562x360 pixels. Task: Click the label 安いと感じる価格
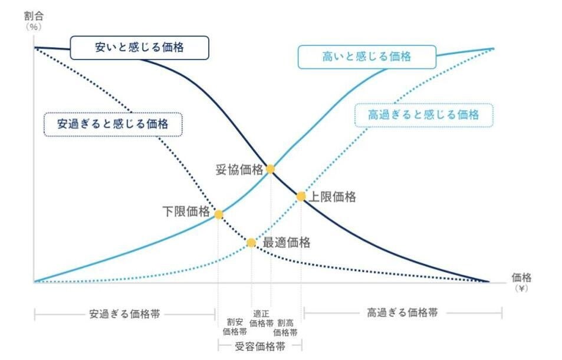pos(139,48)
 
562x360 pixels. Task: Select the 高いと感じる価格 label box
pos(366,57)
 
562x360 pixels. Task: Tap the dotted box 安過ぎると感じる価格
pos(113,124)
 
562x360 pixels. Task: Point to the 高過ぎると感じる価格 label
pos(423,115)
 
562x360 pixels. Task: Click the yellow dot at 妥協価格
pos(270,169)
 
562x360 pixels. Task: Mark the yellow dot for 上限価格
pos(301,196)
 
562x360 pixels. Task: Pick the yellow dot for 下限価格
pos(218,214)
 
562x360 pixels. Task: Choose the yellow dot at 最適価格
pos(251,242)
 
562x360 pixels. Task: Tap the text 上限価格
pos(332,197)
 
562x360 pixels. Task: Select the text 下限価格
pos(186,212)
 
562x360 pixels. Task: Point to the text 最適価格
pos(286,242)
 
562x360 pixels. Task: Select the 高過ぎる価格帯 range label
pos(402,312)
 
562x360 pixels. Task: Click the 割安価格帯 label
pos(235,327)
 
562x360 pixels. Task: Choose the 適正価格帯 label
pos(261,318)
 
